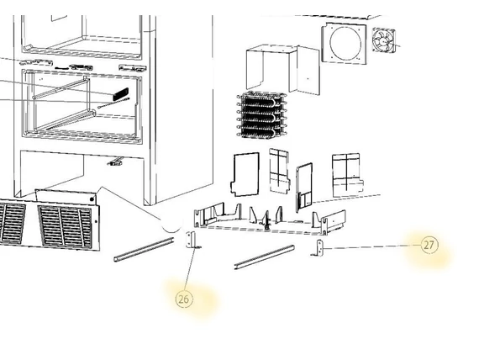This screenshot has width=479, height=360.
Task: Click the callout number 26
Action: (x=184, y=299)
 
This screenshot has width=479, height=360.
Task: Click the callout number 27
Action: (x=429, y=245)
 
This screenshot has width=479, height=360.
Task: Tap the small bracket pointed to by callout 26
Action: (x=192, y=240)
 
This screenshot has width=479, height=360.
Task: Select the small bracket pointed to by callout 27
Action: (x=318, y=248)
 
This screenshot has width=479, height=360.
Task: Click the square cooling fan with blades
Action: (x=383, y=40)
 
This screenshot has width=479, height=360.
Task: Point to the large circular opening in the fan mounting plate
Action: (x=345, y=43)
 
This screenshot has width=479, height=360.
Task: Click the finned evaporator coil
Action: (x=261, y=115)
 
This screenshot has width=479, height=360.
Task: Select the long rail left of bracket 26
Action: (x=145, y=250)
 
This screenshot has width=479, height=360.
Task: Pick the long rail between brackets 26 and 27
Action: (x=265, y=257)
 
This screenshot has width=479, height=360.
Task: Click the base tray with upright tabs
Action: (x=270, y=219)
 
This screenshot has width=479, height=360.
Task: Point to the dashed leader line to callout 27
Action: (x=372, y=246)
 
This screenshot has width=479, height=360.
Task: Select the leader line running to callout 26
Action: (x=190, y=269)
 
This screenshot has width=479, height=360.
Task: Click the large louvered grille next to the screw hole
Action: (x=65, y=226)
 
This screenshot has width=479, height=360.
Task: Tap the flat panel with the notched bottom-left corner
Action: (x=245, y=175)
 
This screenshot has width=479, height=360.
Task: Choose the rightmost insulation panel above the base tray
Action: (x=348, y=176)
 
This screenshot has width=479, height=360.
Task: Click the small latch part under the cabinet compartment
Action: (x=116, y=161)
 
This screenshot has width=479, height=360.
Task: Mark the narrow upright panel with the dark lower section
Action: (x=303, y=188)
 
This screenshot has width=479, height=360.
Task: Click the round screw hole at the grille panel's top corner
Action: (x=92, y=199)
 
